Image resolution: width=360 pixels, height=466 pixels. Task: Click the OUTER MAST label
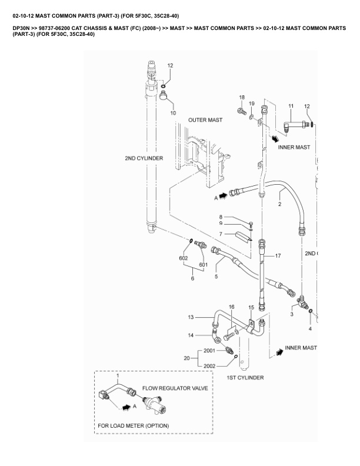tap(205, 120)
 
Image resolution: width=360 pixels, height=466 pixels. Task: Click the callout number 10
tap(173, 113)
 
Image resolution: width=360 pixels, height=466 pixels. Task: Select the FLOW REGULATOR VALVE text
tap(175, 388)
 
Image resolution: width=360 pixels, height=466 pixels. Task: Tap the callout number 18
tap(242, 98)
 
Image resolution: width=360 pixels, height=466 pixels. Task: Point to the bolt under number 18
tap(242, 112)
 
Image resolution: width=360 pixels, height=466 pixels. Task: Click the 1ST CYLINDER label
tap(245, 378)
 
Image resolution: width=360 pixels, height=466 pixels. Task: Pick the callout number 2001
tap(209, 351)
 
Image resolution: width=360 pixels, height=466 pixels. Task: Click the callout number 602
tap(184, 258)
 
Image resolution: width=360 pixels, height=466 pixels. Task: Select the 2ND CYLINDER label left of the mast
tap(144, 158)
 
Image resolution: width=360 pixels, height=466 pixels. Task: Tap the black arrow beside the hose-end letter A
tap(224, 196)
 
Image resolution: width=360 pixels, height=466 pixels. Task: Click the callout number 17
tap(278, 255)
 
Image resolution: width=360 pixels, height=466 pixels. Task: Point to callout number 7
tap(221, 234)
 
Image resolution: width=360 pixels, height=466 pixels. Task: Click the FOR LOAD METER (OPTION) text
tap(134, 425)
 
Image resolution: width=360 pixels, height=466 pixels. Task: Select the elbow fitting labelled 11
tap(294, 124)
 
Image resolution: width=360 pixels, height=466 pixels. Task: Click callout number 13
tap(191, 317)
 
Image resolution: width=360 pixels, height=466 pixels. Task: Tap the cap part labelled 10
tap(163, 96)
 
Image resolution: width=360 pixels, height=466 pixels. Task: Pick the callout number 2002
tap(209, 366)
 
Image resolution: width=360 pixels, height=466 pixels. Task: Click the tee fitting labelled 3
tap(302, 303)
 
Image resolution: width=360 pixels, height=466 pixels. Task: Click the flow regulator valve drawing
tap(155, 404)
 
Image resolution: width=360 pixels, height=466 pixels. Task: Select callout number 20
tap(186, 358)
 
